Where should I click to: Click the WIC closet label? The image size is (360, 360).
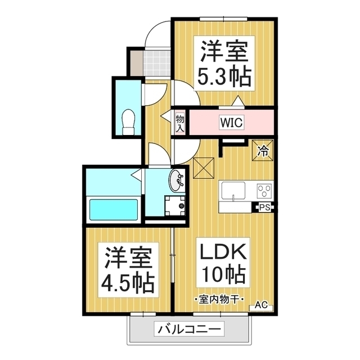click(x=231, y=123)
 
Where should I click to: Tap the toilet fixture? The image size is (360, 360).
click(x=128, y=122)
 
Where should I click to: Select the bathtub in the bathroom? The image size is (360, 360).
click(x=114, y=209)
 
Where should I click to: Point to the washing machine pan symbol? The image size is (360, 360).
click(x=175, y=205)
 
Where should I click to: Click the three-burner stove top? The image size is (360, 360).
click(x=264, y=191)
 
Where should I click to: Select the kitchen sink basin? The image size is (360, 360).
click(x=233, y=190)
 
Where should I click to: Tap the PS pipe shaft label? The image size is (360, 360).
click(x=264, y=208)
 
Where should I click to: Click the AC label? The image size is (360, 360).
click(x=261, y=305)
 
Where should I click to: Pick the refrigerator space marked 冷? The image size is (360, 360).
click(x=263, y=150)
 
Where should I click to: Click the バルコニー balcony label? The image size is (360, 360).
click(x=189, y=330)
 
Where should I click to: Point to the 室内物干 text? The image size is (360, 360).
click(x=218, y=299)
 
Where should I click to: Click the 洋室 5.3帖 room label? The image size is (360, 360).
click(x=225, y=63)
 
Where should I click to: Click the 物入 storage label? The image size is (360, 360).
click(x=180, y=124)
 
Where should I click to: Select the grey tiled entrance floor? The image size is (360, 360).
click(x=156, y=63)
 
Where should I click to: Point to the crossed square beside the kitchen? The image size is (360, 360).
click(x=204, y=168)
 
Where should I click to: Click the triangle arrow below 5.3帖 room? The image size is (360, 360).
click(x=238, y=101)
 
